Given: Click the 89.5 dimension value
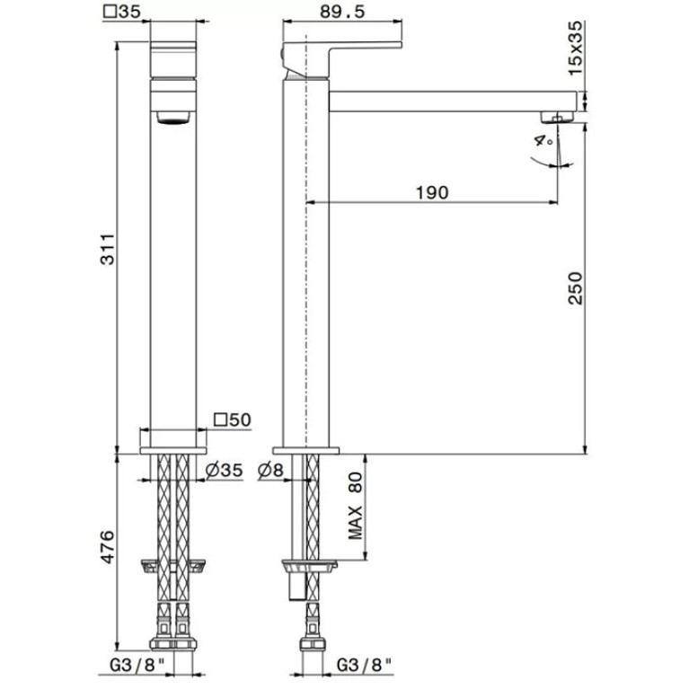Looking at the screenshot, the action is click(342, 12).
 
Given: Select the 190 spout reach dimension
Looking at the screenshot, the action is click(432, 192).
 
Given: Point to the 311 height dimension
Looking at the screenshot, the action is click(108, 249).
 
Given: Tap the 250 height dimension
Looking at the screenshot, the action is click(575, 288).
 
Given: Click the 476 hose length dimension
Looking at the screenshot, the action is click(107, 547).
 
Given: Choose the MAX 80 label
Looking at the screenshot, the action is click(355, 506).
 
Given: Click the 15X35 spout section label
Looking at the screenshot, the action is click(575, 48).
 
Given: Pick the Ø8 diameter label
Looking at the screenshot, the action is click(270, 471).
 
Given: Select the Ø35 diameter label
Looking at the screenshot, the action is click(224, 470).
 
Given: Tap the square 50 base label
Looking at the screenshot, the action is click(233, 420).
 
